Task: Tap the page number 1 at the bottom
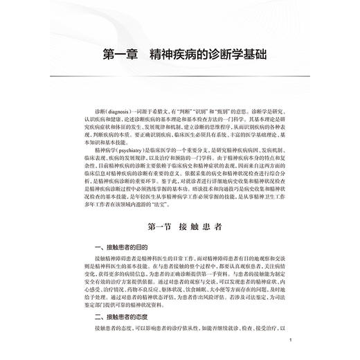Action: [292, 341]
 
